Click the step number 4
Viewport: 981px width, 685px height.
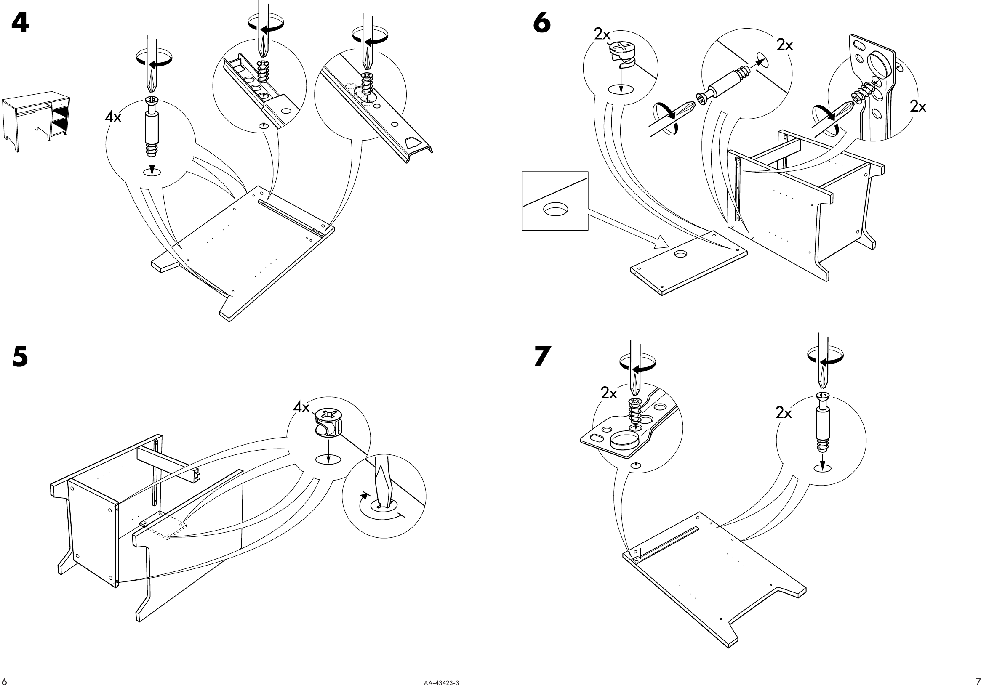20,23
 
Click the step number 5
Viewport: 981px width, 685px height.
20,356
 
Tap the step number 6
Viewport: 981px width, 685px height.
542,23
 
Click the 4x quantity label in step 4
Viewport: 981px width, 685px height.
113,117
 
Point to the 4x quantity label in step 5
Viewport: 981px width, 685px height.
301,407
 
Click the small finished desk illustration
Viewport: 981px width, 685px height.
36,121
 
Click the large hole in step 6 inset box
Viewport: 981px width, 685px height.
555,209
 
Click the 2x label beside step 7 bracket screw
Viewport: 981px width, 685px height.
609,393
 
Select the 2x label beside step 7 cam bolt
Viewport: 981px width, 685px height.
784,413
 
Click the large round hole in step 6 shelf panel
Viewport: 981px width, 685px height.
680,254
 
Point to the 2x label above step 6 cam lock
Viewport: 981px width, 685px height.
602,35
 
